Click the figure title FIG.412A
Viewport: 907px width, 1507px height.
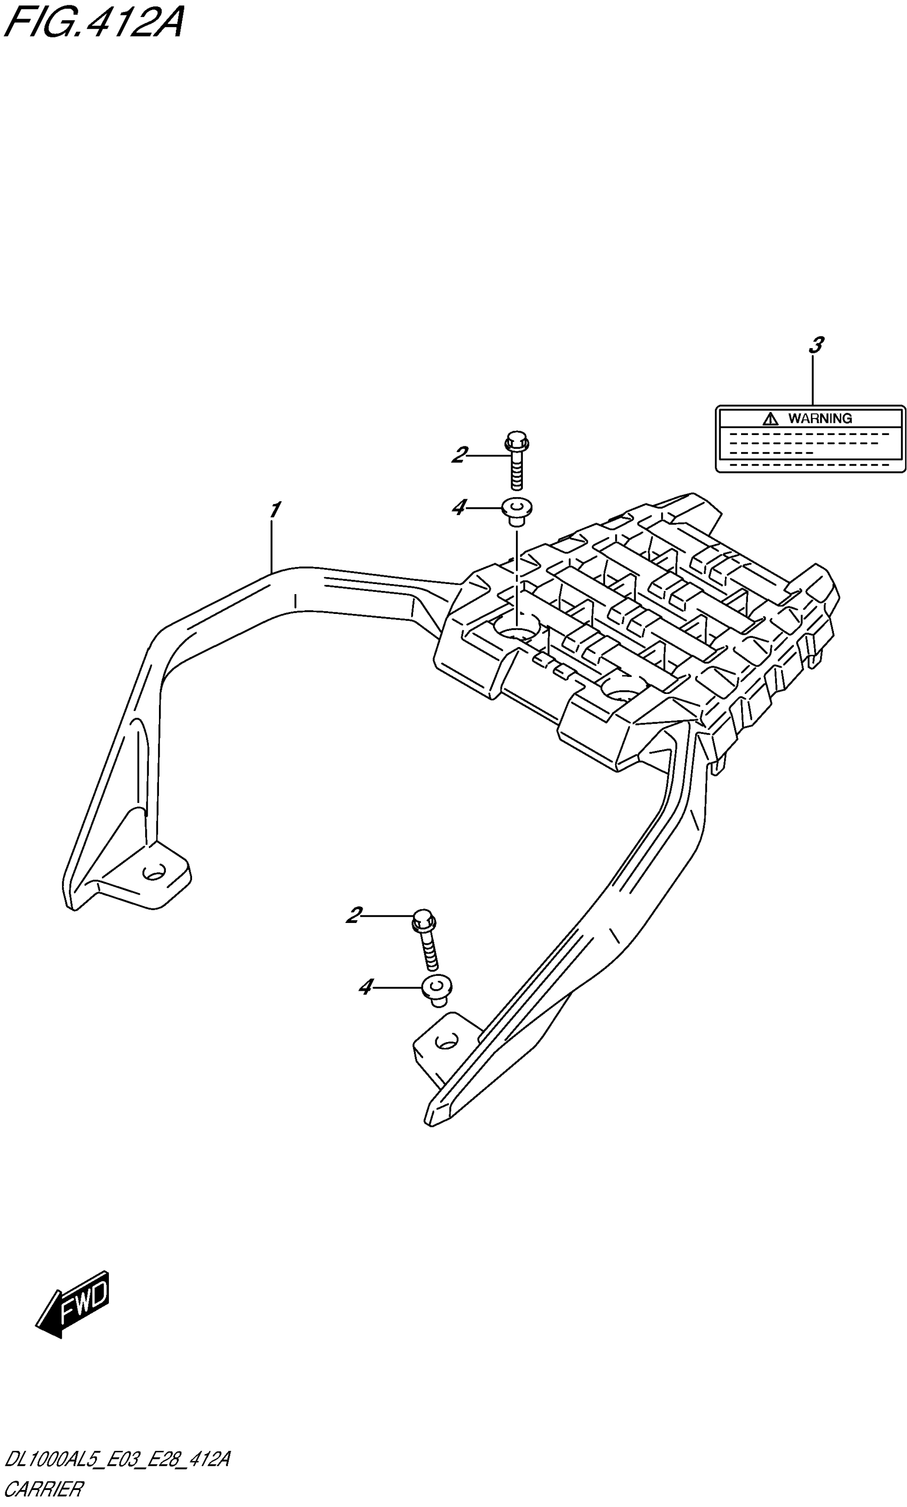click(x=93, y=23)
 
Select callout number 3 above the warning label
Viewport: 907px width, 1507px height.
click(x=815, y=345)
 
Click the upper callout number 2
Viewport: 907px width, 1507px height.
click(x=459, y=455)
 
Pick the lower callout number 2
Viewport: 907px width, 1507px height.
click(x=354, y=915)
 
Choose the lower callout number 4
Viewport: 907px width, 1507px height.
click(x=365, y=987)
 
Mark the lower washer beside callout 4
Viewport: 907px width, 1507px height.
click(x=437, y=988)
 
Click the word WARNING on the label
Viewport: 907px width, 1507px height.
click(x=820, y=419)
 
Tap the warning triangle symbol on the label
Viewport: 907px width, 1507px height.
click(x=770, y=419)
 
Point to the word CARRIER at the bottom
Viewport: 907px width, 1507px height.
click(x=43, y=1489)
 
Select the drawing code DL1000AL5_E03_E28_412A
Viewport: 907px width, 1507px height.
click(x=117, y=1459)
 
